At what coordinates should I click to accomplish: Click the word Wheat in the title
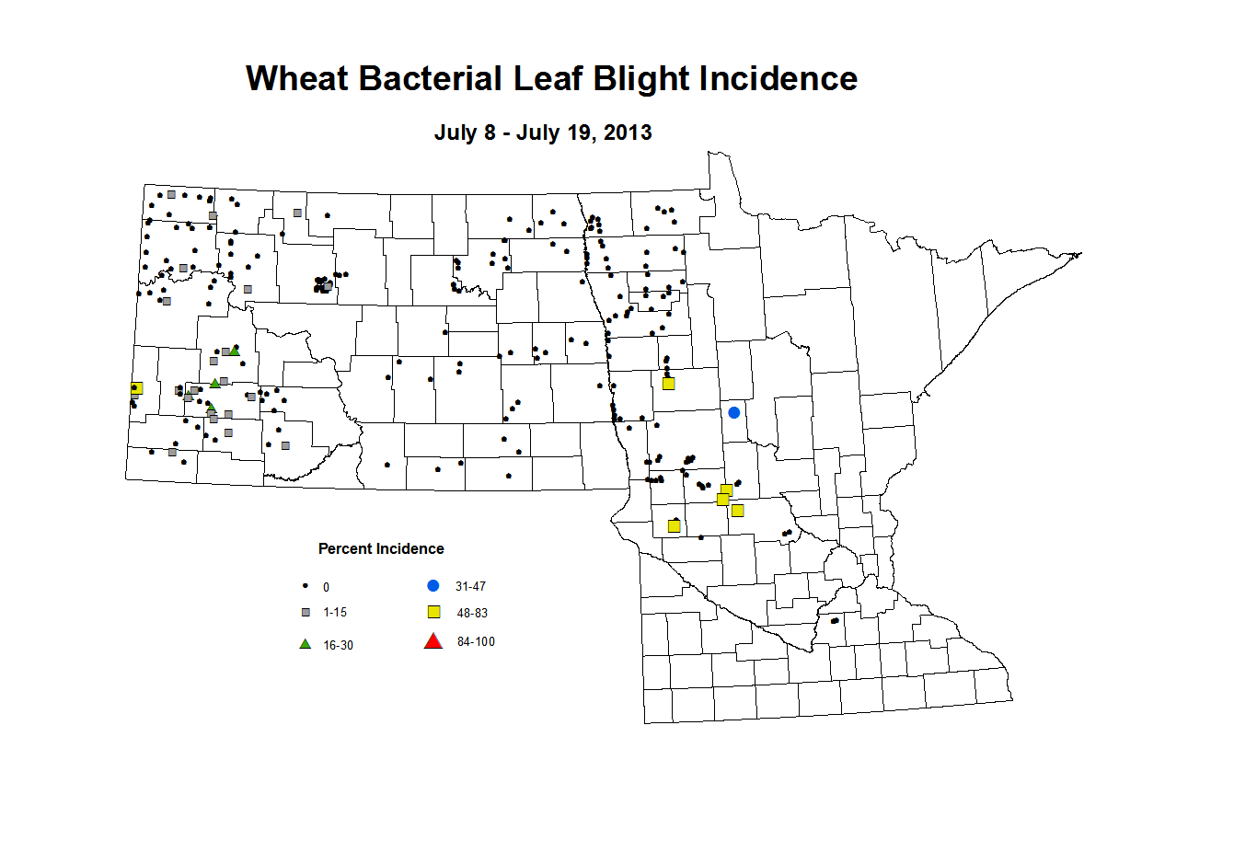click(x=296, y=78)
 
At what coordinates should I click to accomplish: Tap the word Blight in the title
click(x=640, y=80)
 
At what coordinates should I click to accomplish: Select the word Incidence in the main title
click(x=778, y=78)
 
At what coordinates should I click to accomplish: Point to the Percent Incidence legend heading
click(x=381, y=548)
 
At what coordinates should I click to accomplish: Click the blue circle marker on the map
click(x=733, y=412)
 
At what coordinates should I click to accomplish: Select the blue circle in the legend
click(x=433, y=585)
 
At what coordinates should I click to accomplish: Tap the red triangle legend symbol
click(x=433, y=641)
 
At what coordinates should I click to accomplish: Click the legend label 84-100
click(x=476, y=641)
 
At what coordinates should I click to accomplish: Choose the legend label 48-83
click(x=472, y=613)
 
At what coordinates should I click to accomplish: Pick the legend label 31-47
click(x=470, y=586)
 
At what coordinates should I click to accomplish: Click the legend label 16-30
click(x=339, y=646)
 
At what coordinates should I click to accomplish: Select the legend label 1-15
click(x=335, y=613)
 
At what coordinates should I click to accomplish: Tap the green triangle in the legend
click(x=306, y=644)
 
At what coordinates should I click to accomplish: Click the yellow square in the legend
click(x=434, y=612)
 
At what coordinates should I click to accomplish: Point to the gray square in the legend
click(x=306, y=613)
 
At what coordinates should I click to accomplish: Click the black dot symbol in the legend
click(x=306, y=586)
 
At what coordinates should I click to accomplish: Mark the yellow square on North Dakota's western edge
click(x=137, y=388)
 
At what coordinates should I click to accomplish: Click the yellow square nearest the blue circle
click(x=668, y=384)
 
